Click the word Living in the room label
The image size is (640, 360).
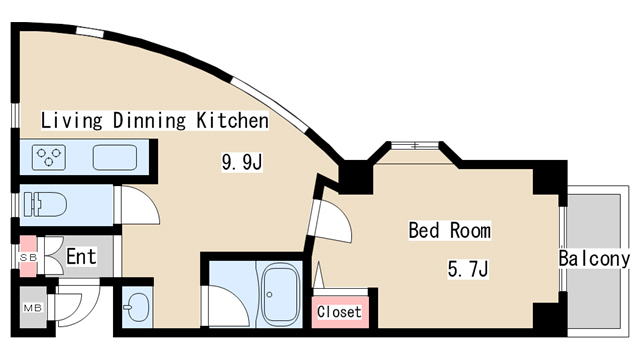(71, 121)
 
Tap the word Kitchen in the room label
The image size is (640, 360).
(233, 120)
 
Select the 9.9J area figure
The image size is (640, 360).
(242, 162)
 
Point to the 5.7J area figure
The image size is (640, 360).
(468, 269)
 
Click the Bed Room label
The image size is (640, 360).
(450, 231)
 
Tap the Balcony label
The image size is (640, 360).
(594, 259)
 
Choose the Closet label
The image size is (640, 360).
(339, 312)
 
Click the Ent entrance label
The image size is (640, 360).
(81, 257)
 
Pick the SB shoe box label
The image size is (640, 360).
(29, 258)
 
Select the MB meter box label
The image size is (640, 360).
(33, 308)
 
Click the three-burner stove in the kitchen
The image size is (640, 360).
(49, 158)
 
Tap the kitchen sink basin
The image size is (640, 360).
(115, 158)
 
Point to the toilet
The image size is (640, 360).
(45, 204)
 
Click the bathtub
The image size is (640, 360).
(280, 294)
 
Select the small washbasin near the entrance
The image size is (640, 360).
(137, 307)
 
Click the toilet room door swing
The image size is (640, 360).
(139, 205)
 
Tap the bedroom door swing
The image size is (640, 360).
(333, 220)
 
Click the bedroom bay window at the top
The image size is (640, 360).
(414, 145)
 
